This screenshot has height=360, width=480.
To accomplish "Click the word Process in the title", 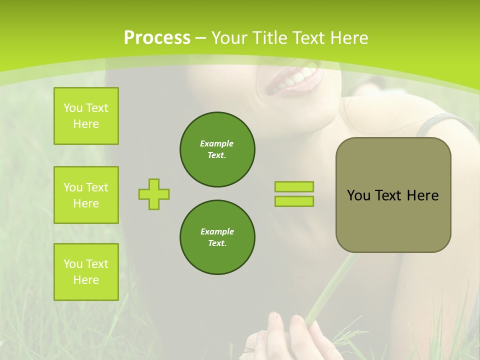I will coord(157,38).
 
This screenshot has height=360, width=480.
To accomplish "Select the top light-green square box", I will coord(86,116).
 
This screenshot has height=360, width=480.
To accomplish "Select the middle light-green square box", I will coord(86,195).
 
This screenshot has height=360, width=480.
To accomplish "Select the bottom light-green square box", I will coord(86,272).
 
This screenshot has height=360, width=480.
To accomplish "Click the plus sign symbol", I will coord(154,194).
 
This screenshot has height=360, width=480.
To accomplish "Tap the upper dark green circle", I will coord(217,149).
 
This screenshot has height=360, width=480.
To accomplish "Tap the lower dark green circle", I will coord(217,237).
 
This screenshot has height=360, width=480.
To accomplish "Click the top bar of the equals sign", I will coord(294,186).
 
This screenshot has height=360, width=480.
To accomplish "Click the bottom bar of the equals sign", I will coord(294,201).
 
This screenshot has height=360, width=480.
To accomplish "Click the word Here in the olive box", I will coord(422,195).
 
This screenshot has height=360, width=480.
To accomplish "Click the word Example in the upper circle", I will coord(216,143).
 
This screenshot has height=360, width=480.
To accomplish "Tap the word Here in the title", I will coord(348,38).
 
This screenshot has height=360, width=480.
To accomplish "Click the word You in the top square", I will coord(73,108).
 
